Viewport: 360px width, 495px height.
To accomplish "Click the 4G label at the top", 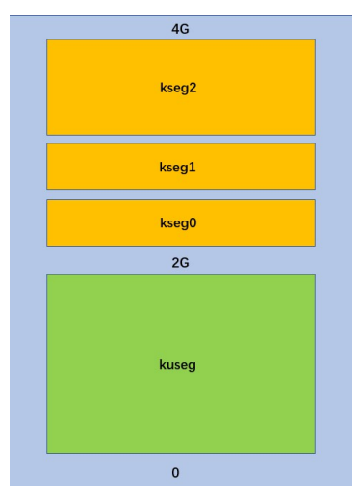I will (x=180, y=29).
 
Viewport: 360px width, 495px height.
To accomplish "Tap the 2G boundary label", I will (x=180, y=261).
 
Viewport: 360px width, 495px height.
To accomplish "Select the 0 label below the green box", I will (x=175, y=472).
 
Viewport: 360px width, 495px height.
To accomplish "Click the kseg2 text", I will (x=179, y=88).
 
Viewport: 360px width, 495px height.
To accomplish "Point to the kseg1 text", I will (x=179, y=167).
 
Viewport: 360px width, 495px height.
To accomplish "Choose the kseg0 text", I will (x=179, y=222).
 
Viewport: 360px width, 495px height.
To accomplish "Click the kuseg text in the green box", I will (x=178, y=365).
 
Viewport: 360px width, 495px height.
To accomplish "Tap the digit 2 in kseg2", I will (x=194, y=88).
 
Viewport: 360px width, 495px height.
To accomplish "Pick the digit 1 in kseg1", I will (x=194, y=167).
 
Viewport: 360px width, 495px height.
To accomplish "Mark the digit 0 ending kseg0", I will (x=194, y=222).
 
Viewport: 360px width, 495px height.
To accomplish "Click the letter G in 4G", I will (x=185, y=29).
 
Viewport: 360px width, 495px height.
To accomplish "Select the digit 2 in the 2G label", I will (x=175, y=261).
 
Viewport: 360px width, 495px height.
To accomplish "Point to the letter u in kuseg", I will (x=168, y=365).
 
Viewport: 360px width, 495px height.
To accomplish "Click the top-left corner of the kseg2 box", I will (x=47, y=39).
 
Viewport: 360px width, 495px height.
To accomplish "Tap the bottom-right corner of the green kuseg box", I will (x=315, y=453).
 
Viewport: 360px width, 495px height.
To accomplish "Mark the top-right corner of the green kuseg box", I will (x=315, y=274).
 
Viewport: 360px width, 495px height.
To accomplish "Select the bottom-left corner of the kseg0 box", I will (x=47, y=246).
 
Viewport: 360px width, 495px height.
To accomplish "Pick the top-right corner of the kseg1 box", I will (x=315, y=143).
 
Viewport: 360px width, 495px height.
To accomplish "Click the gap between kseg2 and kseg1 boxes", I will (x=180, y=139).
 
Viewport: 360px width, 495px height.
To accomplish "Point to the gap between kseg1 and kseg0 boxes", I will (x=180, y=195).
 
